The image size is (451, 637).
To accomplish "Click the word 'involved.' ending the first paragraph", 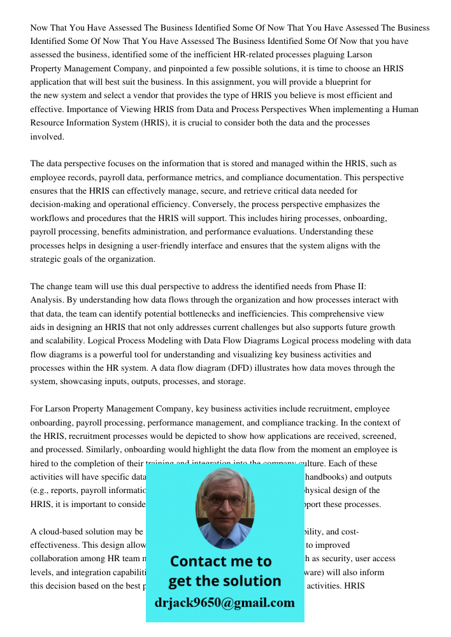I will coord(47,136).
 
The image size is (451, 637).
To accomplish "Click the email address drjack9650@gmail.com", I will coord(225,603).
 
